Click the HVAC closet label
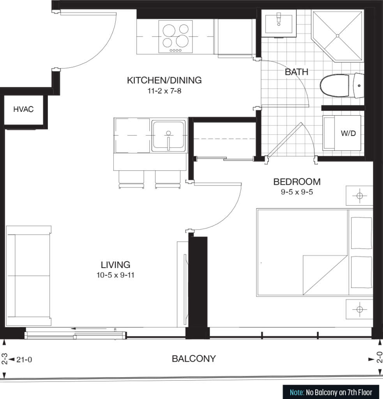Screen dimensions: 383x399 [23, 109]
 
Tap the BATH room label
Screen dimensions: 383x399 [297, 72]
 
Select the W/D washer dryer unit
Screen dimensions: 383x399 [342, 133]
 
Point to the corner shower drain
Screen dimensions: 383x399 [338, 36]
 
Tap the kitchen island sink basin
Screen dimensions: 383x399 [168, 136]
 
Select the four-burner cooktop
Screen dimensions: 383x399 [176, 37]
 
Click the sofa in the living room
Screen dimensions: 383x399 [28, 276]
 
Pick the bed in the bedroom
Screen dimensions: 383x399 [314, 252]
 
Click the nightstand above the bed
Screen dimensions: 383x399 [359, 196]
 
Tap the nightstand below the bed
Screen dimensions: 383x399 [359, 309]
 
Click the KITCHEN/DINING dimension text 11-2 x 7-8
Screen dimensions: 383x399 [164, 91]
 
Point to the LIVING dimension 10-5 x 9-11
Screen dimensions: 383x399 [115, 275]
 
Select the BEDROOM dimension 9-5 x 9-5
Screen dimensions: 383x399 [297, 192]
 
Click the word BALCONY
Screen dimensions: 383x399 [194, 359]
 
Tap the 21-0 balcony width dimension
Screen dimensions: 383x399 [24, 360]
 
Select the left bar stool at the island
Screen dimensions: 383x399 [131, 179]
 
